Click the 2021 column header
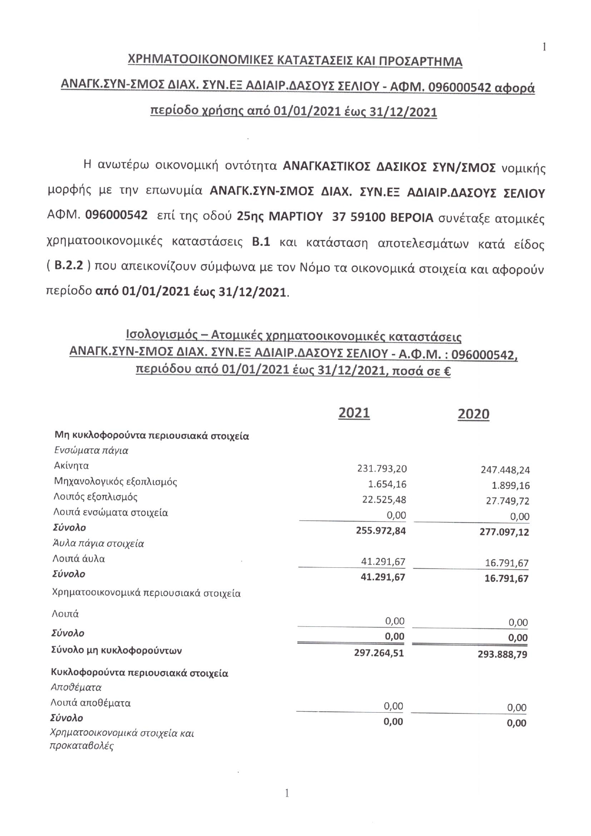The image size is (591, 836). (x=354, y=413)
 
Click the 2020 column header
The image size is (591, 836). (x=473, y=414)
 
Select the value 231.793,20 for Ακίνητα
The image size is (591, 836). (x=382, y=469)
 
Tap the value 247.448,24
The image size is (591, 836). (x=505, y=470)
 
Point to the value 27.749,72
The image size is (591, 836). (x=508, y=501)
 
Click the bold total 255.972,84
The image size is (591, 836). (x=381, y=531)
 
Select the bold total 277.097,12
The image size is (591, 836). (x=504, y=533)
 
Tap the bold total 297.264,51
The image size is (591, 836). (x=379, y=653)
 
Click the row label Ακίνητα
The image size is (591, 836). (x=71, y=465)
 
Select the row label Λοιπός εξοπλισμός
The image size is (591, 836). (x=96, y=497)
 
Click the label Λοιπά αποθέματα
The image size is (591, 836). (x=91, y=703)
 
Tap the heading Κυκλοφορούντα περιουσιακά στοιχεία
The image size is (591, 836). (x=140, y=673)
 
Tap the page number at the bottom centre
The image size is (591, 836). (x=287, y=793)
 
